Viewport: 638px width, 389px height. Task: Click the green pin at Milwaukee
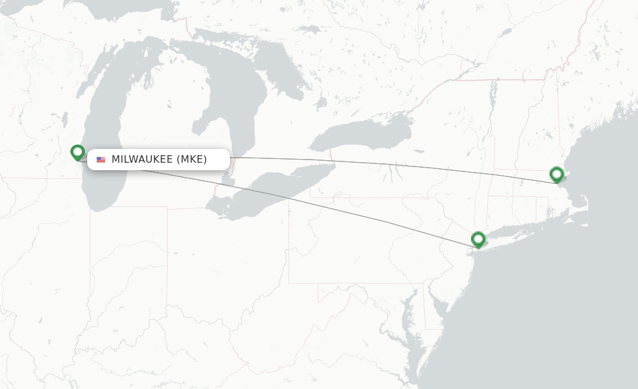(77, 152)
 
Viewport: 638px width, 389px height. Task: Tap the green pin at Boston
(556, 174)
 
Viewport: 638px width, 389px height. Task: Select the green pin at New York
(478, 239)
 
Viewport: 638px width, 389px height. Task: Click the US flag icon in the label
(101, 160)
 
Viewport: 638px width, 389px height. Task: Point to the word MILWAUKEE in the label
(142, 160)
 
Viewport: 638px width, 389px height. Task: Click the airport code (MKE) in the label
(192, 160)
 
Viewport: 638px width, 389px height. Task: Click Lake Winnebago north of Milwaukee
(65, 118)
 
